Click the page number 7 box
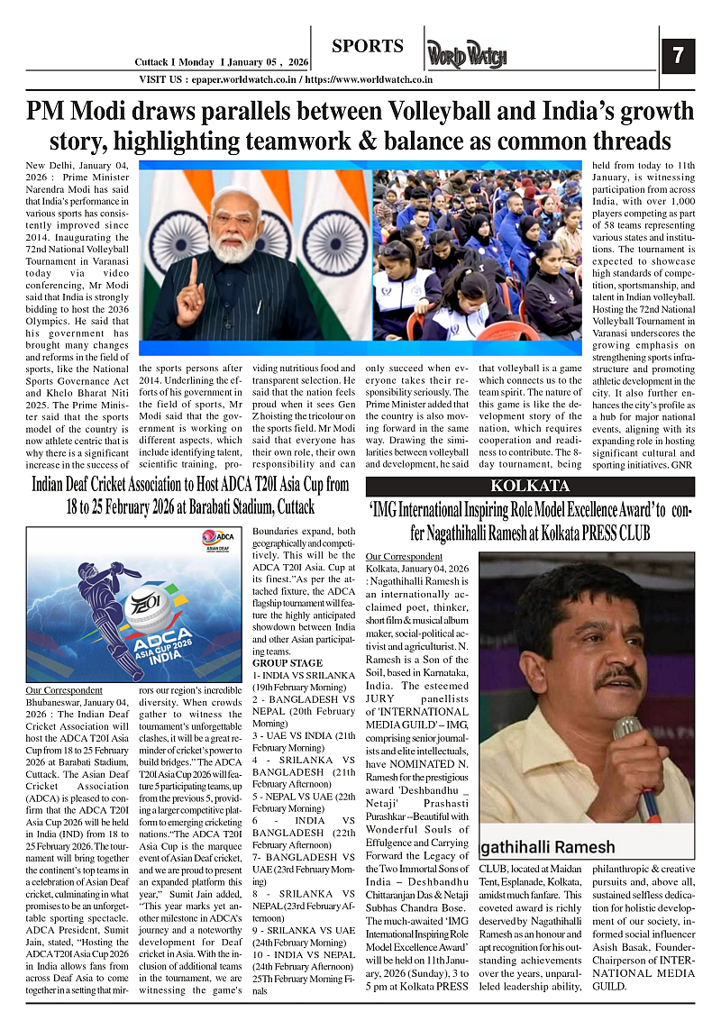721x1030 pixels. pos(678,56)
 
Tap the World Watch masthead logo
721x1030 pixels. pos(467,56)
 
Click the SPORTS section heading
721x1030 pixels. pos(367,46)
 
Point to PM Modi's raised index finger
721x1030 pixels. pos(193,271)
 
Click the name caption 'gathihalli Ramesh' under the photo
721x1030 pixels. pos(549,847)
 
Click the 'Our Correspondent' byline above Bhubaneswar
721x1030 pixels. pos(64,689)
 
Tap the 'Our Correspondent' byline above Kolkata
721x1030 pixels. pos(405,556)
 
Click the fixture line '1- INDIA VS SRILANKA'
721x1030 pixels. pos(303,675)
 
